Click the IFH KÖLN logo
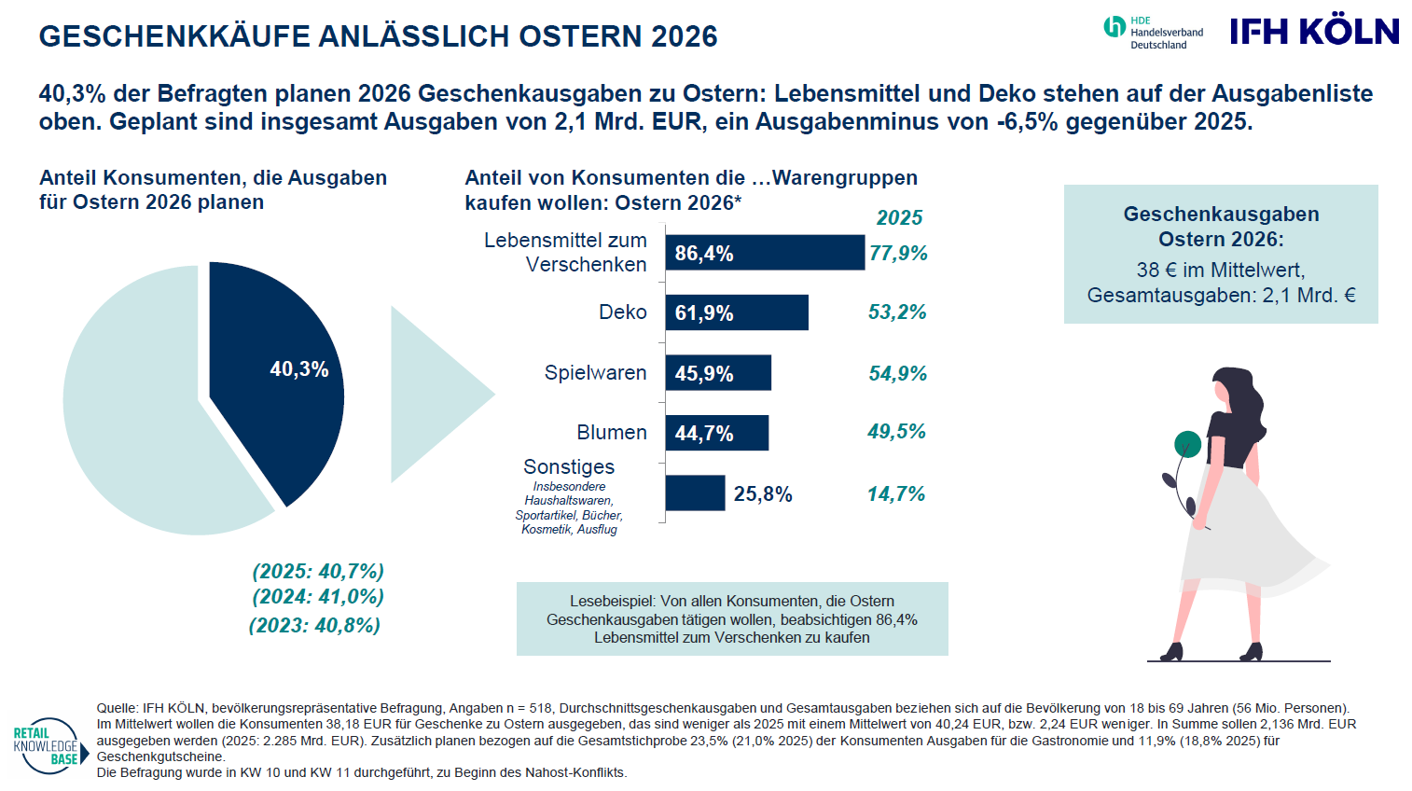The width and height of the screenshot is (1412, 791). (x=1313, y=31)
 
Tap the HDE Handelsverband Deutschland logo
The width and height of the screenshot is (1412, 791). (x=1153, y=32)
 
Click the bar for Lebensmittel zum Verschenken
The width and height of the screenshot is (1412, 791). (x=765, y=253)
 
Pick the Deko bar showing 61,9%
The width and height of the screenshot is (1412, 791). (x=737, y=312)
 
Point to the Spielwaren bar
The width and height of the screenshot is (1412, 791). (x=718, y=373)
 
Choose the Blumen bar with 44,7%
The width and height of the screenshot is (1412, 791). (x=717, y=433)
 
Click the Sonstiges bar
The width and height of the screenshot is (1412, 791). (x=695, y=493)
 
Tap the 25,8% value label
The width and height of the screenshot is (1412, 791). (x=763, y=494)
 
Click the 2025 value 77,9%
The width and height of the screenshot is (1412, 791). (x=898, y=254)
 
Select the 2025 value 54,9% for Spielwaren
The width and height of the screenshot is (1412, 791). (x=897, y=374)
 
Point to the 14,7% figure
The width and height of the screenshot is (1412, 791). (x=896, y=494)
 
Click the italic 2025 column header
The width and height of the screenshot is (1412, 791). (x=899, y=218)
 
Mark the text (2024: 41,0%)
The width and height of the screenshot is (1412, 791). (x=318, y=597)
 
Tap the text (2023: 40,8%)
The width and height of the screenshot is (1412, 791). (x=314, y=625)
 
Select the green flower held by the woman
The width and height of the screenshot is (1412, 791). (x=1187, y=444)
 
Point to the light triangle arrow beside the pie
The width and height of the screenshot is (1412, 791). (x=429, y=394)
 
